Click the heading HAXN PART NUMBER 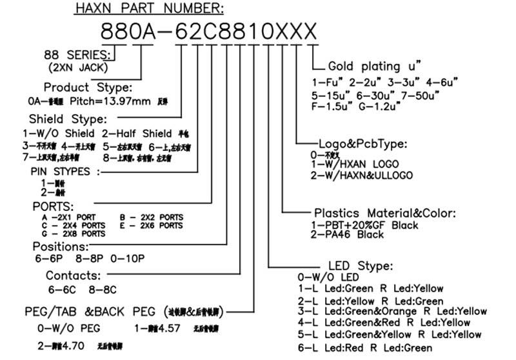coord(149,8)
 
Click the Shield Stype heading coord(68,119)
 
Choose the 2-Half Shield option coord(136,134)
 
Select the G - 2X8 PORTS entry coord(74,234)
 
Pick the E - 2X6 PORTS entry coord(152,225)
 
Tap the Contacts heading coord(72,275)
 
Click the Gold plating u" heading coord(374,66)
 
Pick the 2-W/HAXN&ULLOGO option coord(361,175)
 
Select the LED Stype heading coord(360,266)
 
